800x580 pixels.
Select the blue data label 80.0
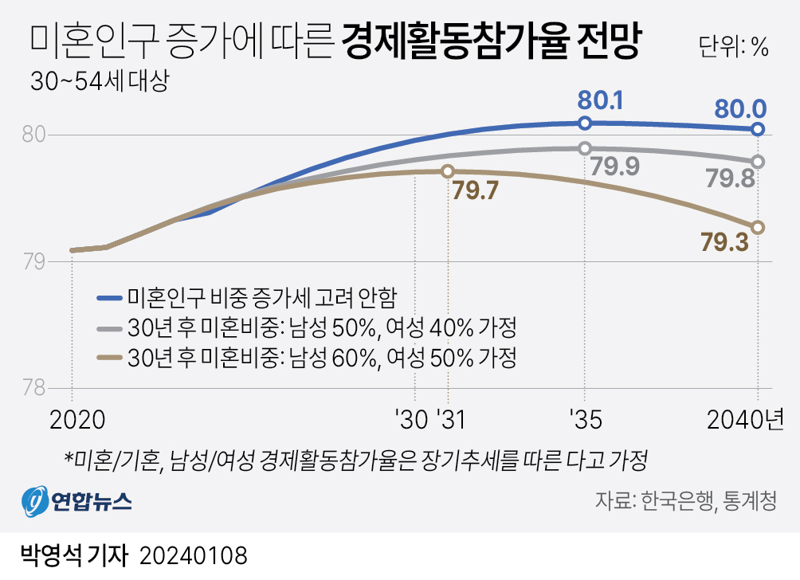click(740, 107)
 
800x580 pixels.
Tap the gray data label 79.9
click(610, 166)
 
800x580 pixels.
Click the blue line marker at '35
click(585, 123)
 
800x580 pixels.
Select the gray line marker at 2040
click(758, 162)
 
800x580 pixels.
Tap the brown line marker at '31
click(447, 170)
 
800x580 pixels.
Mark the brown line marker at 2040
click(758, 227)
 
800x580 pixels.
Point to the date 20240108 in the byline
click(194, 555)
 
